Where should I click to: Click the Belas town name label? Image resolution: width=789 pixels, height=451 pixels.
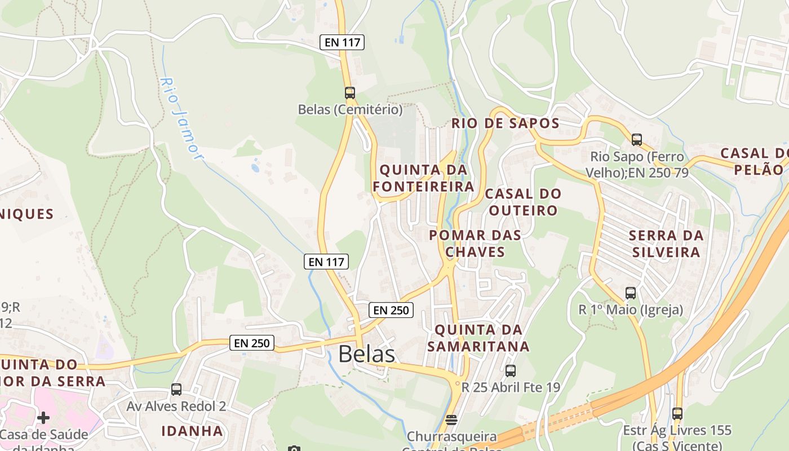click(x=366, y=354)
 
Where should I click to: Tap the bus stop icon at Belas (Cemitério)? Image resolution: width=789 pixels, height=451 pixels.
click(x=350, y=93)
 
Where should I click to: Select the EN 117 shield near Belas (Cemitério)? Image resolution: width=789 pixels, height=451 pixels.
click(x=342, y=42)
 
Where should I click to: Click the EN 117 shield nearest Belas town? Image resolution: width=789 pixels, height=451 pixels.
click(x=326, y=262)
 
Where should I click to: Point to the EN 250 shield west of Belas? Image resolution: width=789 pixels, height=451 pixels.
click(x=252, y=342)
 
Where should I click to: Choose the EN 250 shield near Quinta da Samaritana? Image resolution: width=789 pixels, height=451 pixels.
click(x=391, y=309)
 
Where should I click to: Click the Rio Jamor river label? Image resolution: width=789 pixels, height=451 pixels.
click(x=181, y=118)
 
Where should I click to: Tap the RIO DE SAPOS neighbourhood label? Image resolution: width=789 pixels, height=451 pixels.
click(x=506, y=123)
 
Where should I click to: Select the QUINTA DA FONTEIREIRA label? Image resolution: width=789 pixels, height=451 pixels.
click(x=423, y=178)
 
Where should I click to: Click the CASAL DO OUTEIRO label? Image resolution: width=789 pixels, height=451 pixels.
click(x=523, y=202)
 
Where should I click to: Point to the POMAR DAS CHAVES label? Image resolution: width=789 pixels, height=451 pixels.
click(x=475, y=243)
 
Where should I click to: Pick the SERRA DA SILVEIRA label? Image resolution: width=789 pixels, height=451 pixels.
click(x=666, y=244)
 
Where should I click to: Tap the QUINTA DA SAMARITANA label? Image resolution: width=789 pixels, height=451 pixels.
click(x=478, y=338)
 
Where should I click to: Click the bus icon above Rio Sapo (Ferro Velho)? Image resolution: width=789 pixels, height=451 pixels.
click(x=637, y=140)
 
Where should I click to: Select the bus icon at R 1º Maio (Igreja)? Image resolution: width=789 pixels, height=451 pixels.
click(x=631, y=293)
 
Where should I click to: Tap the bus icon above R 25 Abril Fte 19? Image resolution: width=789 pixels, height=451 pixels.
click(x=511, y=371)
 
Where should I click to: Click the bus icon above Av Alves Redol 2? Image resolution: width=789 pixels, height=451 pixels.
click(x=176, y=390)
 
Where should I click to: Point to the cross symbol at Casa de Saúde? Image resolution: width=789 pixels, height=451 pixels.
click(x=43, y=418)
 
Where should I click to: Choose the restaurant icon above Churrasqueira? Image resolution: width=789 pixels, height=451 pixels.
click(x=451, y=420)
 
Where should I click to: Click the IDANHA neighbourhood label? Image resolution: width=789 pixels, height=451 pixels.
click(x=192, y=431)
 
